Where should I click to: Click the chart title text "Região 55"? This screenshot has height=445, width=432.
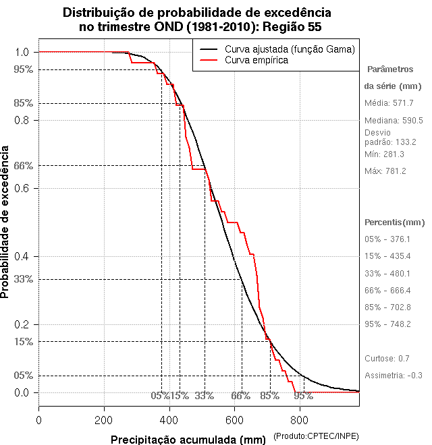pyautogui.click(x=292, y=27)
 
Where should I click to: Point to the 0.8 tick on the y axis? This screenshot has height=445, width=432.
pyautogui.click(x=23, y=120)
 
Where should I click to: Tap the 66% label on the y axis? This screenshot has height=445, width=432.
pyautogui.click(x=22, y=165)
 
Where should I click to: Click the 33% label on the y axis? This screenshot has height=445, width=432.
pyautogui.click(x=22, y=279)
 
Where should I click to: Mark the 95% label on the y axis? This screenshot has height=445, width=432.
pyautogui.click(x=22, y=69)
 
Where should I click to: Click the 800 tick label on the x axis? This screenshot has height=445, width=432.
pyautogui.click(x=300, y=419)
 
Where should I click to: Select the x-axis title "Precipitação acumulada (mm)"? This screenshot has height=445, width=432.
pyautogui.click(x=188, y=440)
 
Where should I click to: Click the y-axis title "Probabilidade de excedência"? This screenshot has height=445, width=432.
pyautogui.click(x=6, y=222)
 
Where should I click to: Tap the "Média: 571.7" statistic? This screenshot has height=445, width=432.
pyautogui.click(x=389, y=103)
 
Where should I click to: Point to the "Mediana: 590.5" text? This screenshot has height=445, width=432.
pyautogui.click(x=394, y=121)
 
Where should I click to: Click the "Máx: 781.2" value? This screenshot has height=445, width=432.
pyautogui.click(x=385, y=171)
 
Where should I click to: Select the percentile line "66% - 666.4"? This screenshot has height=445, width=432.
pyautogui.click(x=387, y=290)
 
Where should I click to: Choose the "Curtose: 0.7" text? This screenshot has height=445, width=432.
pyautogui.click(x=387, y=358)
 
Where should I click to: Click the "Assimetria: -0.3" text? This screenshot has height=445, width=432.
pyautogui.click(x=394, y=375)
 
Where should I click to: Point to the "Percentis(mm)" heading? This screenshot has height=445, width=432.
pyautogui.click(x=395, y=222)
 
